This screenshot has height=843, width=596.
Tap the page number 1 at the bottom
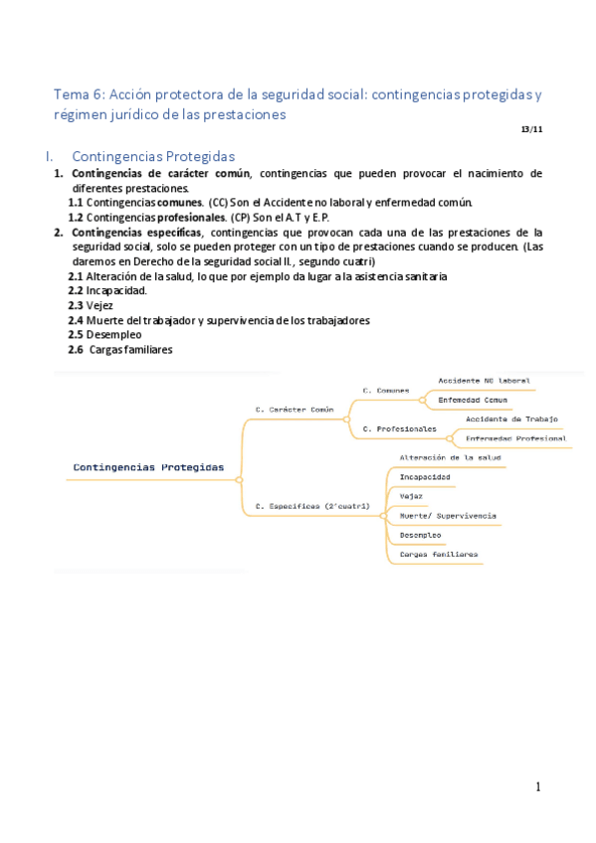(538, 787)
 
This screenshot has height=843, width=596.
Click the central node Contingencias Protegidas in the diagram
(148, 466)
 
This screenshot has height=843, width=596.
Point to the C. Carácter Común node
(295, 409)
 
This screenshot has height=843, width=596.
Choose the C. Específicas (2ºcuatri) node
(312, 506)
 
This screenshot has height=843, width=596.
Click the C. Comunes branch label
(386, 391)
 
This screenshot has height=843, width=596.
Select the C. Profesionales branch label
(399, 428)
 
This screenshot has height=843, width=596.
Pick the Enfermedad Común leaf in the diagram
(473, 400)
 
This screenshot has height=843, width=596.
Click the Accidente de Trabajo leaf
(511, 420)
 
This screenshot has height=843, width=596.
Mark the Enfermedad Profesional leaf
(515, 438)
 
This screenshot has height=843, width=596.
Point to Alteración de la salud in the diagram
(450, 457)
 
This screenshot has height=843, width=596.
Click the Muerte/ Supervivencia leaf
(448, 516)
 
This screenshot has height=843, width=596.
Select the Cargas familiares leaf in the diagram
(439, 554)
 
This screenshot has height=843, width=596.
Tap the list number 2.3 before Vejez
(76, 306)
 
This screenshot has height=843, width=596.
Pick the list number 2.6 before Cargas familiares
(76, 350)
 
